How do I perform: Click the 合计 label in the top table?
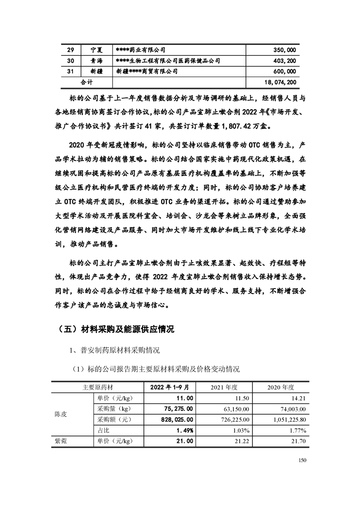[x=87, y=82]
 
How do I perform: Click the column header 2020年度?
[x=281, y=387]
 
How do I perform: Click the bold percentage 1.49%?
[x=184, y=430]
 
